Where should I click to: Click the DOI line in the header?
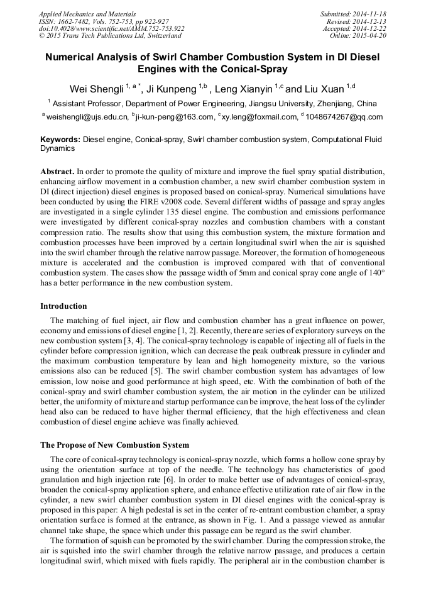click(112, 28)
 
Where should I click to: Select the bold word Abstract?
click(57, 171)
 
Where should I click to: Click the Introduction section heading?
click(63, 306)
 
